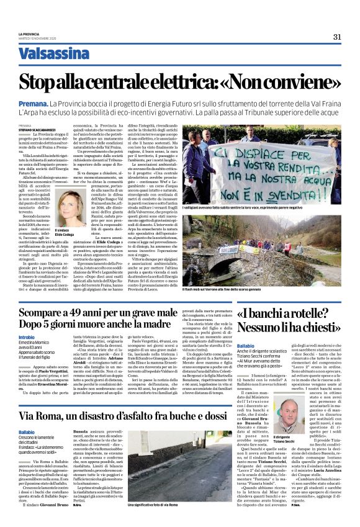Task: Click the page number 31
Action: click(336, 37)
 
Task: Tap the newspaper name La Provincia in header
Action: click(29, 34)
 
